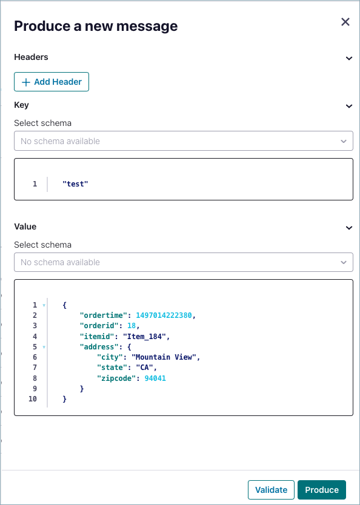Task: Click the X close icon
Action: (345, 22)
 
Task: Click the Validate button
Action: (271, 490)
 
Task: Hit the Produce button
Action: (322, 490)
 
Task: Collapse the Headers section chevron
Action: (348, 58)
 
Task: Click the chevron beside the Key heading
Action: (348, 107)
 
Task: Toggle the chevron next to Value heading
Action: (348, 228)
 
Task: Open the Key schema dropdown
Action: (184, 140)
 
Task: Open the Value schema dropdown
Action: (184, 262)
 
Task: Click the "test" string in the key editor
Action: (75, 184)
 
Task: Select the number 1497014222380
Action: (164, 315)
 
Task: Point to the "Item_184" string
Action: (144, 337)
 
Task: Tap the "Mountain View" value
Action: (165, 357)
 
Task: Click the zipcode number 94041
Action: (155, 378)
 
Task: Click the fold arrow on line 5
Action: (44, 347)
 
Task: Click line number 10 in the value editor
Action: (33, 399)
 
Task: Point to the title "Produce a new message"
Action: (96, 26)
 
